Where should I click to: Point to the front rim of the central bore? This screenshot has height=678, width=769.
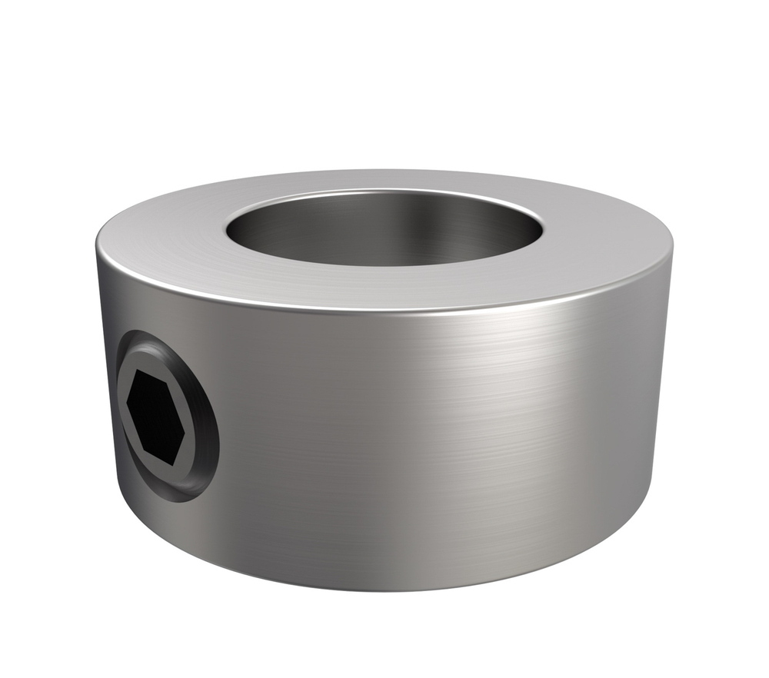tap(384, 266)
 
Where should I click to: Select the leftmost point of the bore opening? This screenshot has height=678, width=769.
tap(226, 228)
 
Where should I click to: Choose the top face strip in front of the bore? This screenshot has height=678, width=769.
tap(384, 288)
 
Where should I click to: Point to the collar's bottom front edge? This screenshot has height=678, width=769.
tap(384, 588)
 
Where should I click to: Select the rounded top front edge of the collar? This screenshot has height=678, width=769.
tap(384, 311)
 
